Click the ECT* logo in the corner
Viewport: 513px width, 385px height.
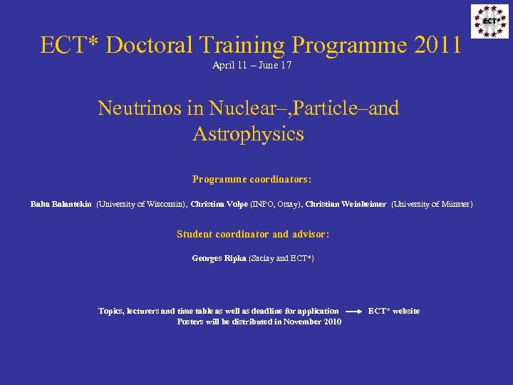tap(489, 21)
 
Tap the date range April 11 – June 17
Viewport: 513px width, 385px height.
tap(252, 66)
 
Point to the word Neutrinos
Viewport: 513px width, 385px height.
tap(142, 108)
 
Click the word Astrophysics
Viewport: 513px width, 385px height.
tap(248, 134)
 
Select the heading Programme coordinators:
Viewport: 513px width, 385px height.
tap(252, 179)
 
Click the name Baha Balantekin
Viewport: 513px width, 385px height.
tap(61, 205)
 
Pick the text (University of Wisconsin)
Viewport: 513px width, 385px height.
tap(141, 205)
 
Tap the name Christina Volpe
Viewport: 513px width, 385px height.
tap(219, 205)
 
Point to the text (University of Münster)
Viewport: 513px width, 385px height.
tap(432, 205)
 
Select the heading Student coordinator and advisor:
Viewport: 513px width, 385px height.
tap(252, 234)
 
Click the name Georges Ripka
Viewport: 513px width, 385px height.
tap(219, 258)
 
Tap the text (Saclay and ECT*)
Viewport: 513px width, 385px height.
tap(281, 258)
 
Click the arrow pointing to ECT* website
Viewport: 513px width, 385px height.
tap(353, 312)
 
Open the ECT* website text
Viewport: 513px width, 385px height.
tap(393, 311)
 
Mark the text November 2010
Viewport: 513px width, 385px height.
tap(312, 322)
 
